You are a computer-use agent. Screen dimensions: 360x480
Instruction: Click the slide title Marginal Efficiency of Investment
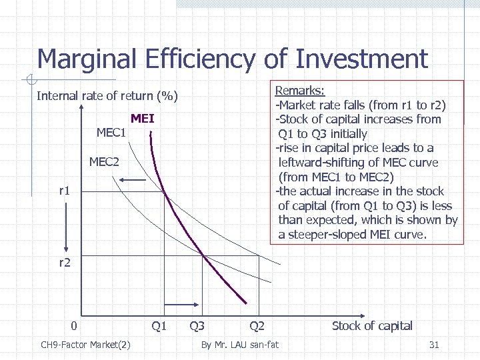pos(232,59)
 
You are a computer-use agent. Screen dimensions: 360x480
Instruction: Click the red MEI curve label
pos(143,119)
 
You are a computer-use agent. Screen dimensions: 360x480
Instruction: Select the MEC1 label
pos(111,133)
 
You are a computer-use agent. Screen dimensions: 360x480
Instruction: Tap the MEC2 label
pos(104,162)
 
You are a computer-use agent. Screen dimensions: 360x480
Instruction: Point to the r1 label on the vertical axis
pos(65,191)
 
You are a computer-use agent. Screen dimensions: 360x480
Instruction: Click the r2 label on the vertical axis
pos(65,263)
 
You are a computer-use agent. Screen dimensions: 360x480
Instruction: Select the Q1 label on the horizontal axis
pos(159,326)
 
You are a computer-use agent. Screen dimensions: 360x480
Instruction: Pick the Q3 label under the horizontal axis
pos(197,326)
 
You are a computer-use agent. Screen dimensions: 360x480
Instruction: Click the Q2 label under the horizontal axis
pos(257,326)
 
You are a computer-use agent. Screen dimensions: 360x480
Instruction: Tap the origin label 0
pos(75,326)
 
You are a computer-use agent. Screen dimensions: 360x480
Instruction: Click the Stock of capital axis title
pos(372,326)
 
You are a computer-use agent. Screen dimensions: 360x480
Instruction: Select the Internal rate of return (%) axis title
pos(107,96)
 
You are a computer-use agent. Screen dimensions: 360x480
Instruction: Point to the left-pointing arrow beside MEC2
pos(133,179)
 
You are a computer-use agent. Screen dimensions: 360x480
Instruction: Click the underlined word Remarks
pos(300,90)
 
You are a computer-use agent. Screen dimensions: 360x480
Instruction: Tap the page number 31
pos(434,345)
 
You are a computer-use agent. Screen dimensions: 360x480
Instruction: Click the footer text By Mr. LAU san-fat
pos(240,345)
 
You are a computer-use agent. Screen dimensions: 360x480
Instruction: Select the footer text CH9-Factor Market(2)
pos(85,345)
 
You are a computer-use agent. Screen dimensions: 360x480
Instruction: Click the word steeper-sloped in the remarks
pos(327,235)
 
